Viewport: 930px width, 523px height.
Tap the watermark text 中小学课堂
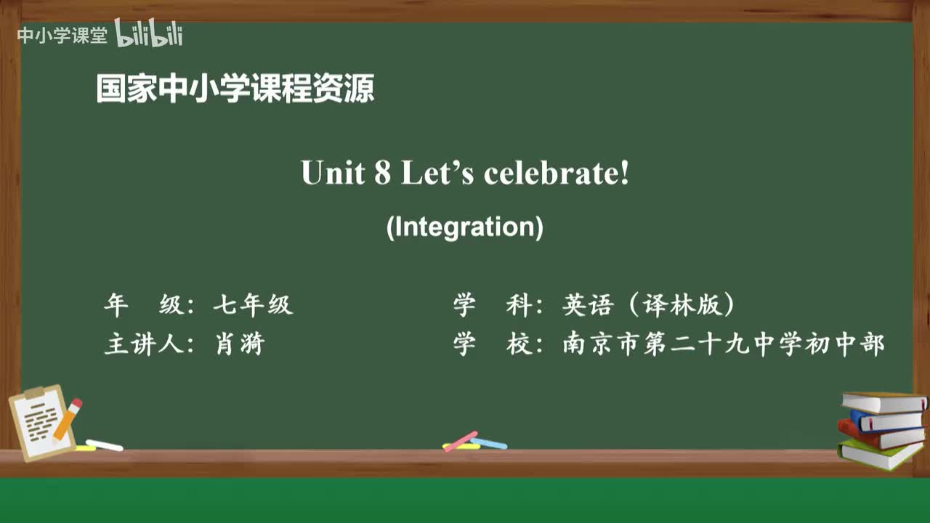click(62, 36)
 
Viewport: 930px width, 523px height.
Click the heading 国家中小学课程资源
click(235, 89)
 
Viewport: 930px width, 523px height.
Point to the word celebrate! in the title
click(556, 173)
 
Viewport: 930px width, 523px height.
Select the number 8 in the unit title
click(383, 173)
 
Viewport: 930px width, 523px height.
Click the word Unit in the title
click(333, 173)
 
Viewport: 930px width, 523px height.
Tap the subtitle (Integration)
click(465, 227)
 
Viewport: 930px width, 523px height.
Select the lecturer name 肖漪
click(240, 344)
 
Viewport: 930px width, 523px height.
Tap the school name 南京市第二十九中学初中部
click(724, 344)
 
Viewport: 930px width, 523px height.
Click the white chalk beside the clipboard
click(104, 445)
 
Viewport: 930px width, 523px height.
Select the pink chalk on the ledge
click(461, 440)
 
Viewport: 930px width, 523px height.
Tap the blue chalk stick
click(489, 442)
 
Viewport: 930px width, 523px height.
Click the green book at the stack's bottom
click(879, 455)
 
